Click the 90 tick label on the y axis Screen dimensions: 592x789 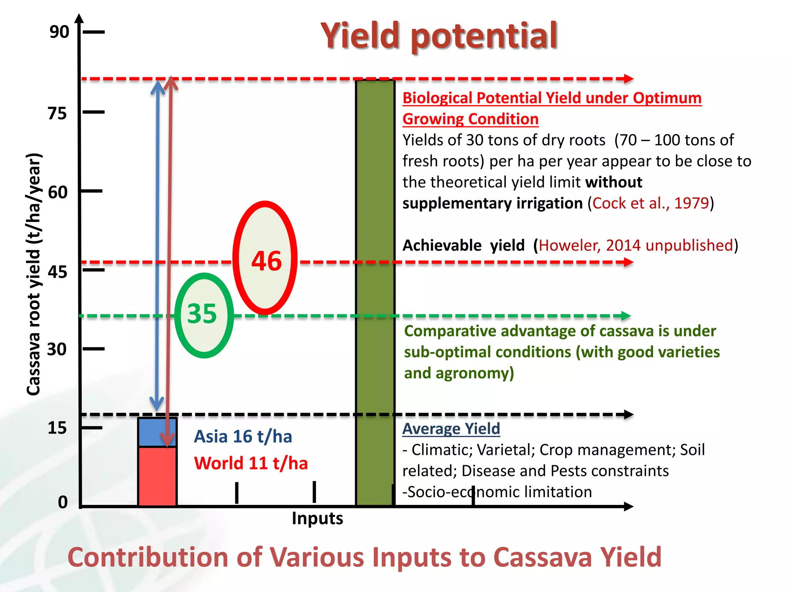pyautogui.click(x=59, y=32)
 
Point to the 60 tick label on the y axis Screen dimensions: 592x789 pyautogui.click(x=58, y=192)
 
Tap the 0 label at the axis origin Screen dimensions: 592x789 pyautogui.click(x=63, y=502)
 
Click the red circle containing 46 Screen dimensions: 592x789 pyautogui.click(x=265, y=257)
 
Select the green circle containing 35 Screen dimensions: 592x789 pyautogui.click(x=204, y=315)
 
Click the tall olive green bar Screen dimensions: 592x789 pyautogui.click(x=375, y=293)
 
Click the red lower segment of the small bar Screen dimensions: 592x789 pyautogui.click(x=157, y=476)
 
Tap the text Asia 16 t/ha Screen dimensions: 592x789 pyautogui.click(x=243, y=437)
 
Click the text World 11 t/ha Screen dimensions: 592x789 pyautogui.click(x=251, y=463)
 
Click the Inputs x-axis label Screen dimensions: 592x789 pyautogui.click(x=317, y=518)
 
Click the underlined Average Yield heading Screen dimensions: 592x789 pyautogui.click(x=451, y=429)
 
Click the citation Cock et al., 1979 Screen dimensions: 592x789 pyautogui.click(x=650, y=203)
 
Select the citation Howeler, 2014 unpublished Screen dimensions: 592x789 pyautogui.click(x=636, y=245)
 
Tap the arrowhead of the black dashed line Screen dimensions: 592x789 pyautogui.click(x=629, y=415)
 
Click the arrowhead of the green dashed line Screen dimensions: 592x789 pyautogui.click(x=626, y=316)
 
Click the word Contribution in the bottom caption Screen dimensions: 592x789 pyautogui.click(x=148, y=557)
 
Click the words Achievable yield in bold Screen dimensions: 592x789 pyautogui.click(x=463, y=245)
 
